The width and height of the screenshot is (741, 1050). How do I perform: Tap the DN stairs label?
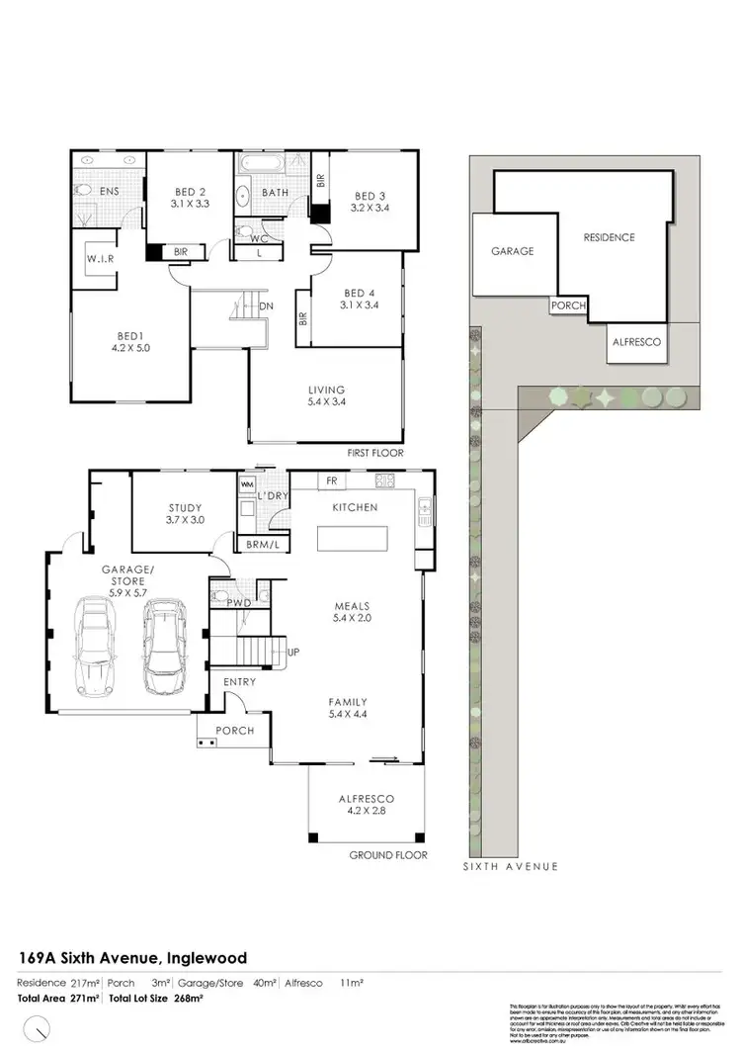[x=266, y=306]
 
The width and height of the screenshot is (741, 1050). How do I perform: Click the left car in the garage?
[x=97, y=648]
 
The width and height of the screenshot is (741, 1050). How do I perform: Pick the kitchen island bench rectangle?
[x=353, y=539]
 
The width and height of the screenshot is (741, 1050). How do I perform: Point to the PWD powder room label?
[x=237, y=601]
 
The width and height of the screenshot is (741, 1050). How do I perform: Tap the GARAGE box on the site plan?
[x=513, y=251]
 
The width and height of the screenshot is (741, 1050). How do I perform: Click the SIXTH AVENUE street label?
[x=511, y=866]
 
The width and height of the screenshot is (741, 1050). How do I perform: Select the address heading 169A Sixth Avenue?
[x=132, y=957]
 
